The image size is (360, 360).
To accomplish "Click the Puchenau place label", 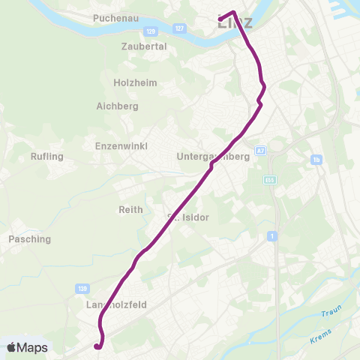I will coord(113,16).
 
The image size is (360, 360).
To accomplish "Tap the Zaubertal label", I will coord(143,46).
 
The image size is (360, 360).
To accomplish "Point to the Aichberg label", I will coord(118,106).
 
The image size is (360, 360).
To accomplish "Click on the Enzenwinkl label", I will coord(121,145).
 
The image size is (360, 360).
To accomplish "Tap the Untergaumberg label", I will coord(212,157).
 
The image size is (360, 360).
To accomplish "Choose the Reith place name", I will coord(130,210).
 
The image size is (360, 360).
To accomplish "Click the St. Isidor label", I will coord(187,217).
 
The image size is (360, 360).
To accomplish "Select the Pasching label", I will coord(29,239).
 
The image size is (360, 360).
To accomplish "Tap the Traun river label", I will coord(331,312).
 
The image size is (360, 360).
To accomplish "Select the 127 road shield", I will coord(178,28).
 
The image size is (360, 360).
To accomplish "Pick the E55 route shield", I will coord(270,180).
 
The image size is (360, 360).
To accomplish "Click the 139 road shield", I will coord(82,287).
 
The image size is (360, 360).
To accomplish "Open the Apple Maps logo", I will coord(27,347).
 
